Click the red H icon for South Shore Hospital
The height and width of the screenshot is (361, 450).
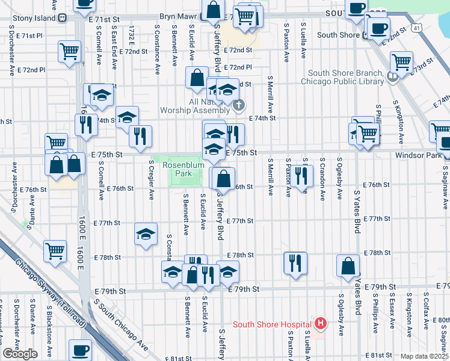pos(321,324)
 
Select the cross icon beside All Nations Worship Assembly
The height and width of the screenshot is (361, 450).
pos(239,106)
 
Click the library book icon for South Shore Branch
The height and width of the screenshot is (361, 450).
pos(392,76)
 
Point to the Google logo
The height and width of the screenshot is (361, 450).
pos(20,353)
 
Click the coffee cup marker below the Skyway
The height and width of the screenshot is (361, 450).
pos(80,349)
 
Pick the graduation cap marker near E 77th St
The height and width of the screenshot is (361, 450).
pos(145,235)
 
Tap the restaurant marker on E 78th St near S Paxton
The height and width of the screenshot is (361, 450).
pos(295,262)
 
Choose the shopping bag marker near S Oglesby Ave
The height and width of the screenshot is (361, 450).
pos(348,265)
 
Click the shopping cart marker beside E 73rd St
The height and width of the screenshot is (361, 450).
pos(401,61)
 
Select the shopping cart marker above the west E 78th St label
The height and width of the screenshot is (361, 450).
pos(55,250)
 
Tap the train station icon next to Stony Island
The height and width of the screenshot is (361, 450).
pos(63,17)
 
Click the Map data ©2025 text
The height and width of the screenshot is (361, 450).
pos(424,356)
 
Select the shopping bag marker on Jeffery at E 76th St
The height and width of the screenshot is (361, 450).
pos(223,178)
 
